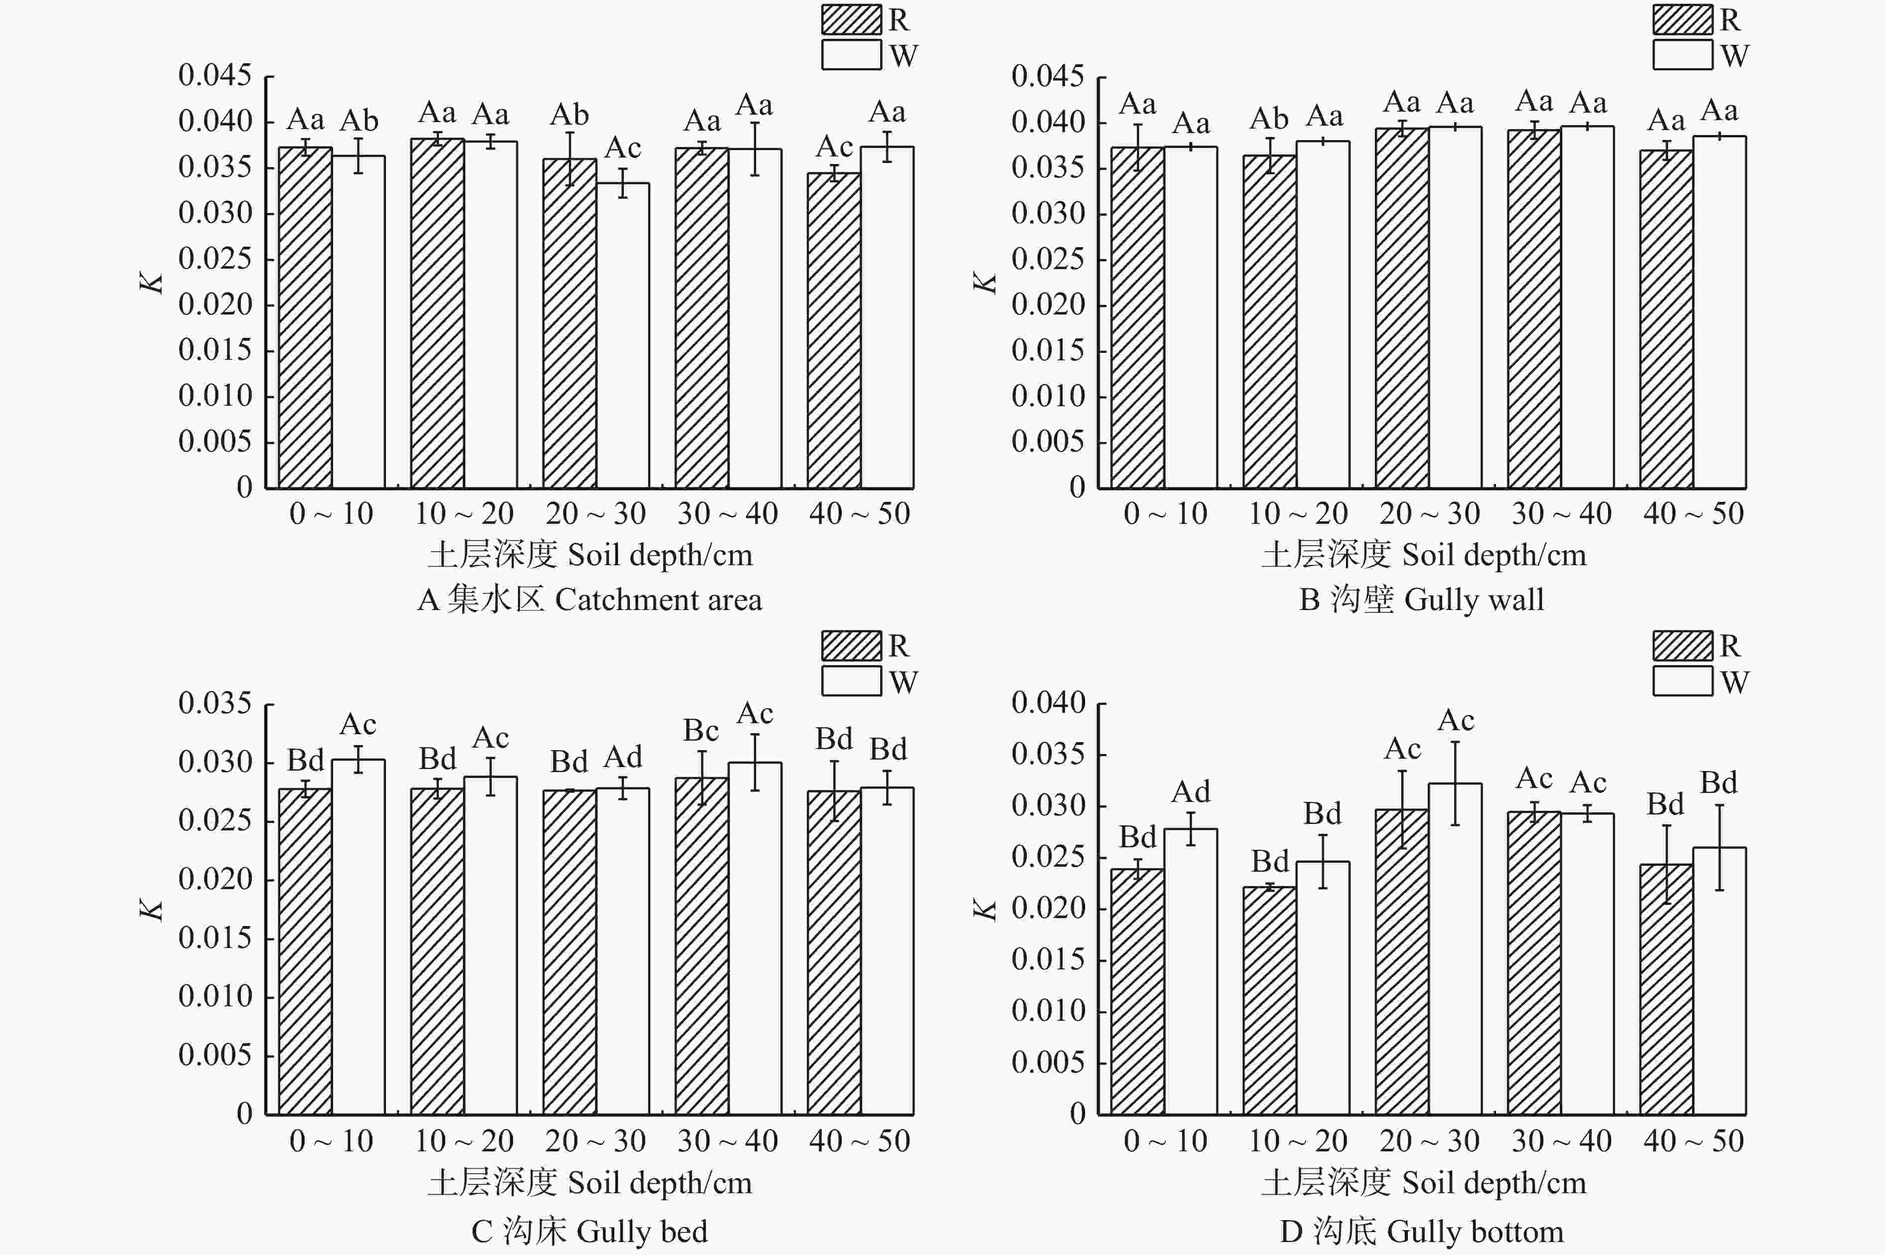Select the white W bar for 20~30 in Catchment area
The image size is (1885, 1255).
622,335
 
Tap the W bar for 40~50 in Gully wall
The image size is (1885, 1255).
1719,312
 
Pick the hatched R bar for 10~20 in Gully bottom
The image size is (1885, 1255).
1269,1000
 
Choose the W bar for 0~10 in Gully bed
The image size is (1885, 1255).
358,937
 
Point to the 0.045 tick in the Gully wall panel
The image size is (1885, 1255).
1047,76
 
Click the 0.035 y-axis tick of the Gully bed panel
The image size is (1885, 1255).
214,704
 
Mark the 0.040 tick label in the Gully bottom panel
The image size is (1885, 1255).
1047,703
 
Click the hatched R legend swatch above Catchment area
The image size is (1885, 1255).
851,19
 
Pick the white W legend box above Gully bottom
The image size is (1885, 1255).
1683,681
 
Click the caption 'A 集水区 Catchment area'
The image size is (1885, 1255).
589,600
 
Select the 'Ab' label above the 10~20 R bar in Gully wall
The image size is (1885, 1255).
1269,119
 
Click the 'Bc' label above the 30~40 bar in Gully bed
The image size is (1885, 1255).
701,731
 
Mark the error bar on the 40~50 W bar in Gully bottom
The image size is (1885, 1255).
1719,847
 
